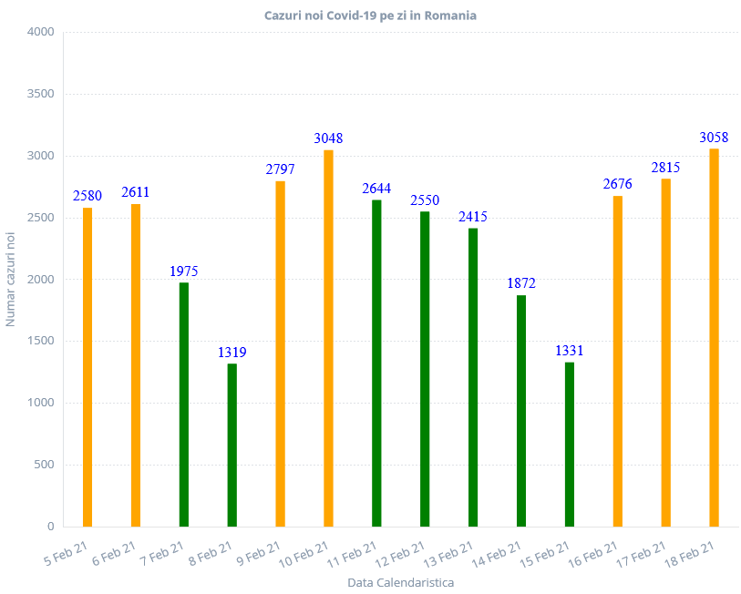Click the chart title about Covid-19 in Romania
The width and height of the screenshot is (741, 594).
[370, 15]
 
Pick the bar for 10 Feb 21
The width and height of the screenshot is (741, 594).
[328, 337]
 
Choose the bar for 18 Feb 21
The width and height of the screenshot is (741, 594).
[714, 337]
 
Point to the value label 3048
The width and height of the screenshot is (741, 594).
[328, 138]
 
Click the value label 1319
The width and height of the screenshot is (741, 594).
[232, 353]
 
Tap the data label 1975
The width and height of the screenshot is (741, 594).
[184, 271]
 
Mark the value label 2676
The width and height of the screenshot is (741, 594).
[617, 185]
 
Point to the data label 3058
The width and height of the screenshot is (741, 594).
[714, 138]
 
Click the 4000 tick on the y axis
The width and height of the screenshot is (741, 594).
[42, 32]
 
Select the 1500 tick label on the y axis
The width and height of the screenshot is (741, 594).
[42, 341]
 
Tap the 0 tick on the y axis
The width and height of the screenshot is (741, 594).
[50, 527]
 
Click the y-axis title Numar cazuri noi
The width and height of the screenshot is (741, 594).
[11, 279]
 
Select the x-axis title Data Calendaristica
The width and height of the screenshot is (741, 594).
[401, 582]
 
